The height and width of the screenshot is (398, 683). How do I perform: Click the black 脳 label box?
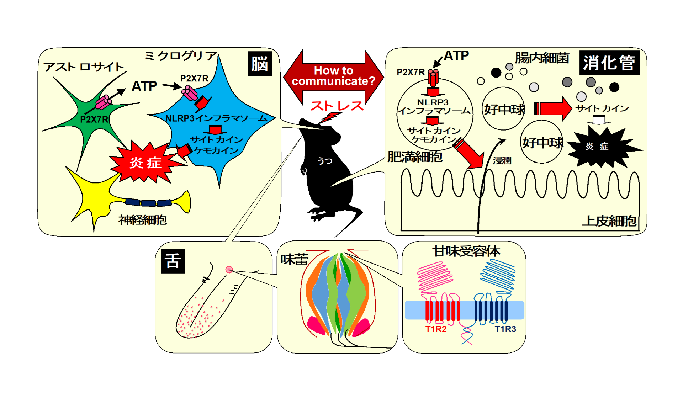[x=260, y=64]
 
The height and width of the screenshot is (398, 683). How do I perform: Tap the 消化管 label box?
[x=609, y=63]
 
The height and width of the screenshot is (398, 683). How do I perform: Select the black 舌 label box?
[x=173, y=261]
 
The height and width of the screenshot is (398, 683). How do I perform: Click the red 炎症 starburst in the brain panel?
[x=145, y=163]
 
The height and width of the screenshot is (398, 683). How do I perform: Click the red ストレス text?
[x=337, y=106]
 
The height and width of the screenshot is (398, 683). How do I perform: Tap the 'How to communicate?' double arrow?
[x=333, y=76]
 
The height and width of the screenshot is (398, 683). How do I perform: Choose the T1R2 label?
[x=436, y=329]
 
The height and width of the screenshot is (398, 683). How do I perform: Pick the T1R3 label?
[x=505, y=329]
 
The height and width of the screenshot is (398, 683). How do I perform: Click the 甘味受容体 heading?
[x=466, y=251]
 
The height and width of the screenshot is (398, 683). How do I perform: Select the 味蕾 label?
[x=294, y=260]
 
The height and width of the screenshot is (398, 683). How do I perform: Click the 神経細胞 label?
[x=143, y=220]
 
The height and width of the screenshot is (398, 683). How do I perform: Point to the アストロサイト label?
[x=84, y=67]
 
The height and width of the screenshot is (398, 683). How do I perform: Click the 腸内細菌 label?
[x=542, y=58]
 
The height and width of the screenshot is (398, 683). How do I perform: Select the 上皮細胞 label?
[x=609, y=221]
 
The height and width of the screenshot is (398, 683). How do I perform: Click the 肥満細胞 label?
[x=415, y=156]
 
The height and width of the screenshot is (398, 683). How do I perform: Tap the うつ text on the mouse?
[x=325, y=161]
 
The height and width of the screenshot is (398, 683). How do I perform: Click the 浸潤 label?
[x=502, y=161]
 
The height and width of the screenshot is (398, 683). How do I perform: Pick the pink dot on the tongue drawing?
[x=229, y=270]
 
